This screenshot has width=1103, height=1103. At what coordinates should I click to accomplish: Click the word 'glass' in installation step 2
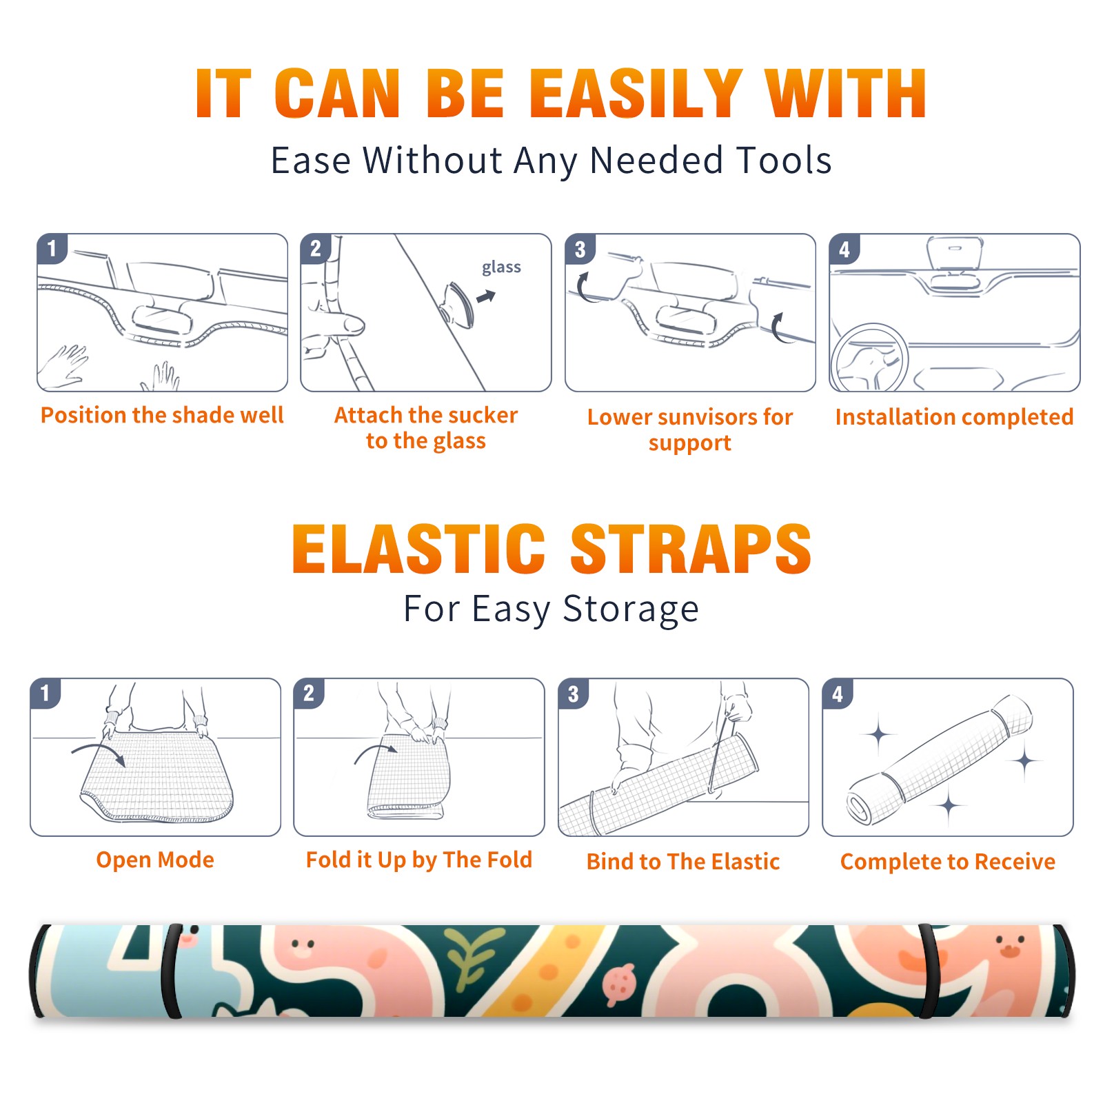click(x=501, y=267)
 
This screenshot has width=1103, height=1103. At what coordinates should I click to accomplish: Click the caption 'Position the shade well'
click(x=162, y=415)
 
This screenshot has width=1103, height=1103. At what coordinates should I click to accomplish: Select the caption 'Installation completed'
click(x=954, y=416)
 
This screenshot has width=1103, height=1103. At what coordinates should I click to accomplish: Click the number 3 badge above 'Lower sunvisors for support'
click(x=580, y=249)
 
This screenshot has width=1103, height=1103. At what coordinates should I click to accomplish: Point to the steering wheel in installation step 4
click(x=870, y=358)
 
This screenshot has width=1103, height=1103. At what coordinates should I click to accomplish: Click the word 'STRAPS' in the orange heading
click(x=691, y=549)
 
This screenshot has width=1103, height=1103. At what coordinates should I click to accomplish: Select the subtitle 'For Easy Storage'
click(x=551, y=609)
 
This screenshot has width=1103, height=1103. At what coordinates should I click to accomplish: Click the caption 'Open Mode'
click(x=155, y=860)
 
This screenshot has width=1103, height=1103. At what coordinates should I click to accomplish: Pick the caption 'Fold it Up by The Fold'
click(x=419, y=860)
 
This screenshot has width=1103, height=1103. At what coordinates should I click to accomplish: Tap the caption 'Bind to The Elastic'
click(x=683, y=861)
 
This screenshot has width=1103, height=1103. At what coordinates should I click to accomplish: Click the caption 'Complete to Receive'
click(x=948, y=861)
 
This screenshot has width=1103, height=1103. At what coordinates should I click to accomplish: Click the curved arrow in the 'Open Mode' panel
click(x=98, y=749)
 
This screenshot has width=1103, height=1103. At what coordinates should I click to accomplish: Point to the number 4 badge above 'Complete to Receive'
click(x=838, y=694)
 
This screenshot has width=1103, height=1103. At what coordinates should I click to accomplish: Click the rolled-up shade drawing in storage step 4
click(x=940, y=760)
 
